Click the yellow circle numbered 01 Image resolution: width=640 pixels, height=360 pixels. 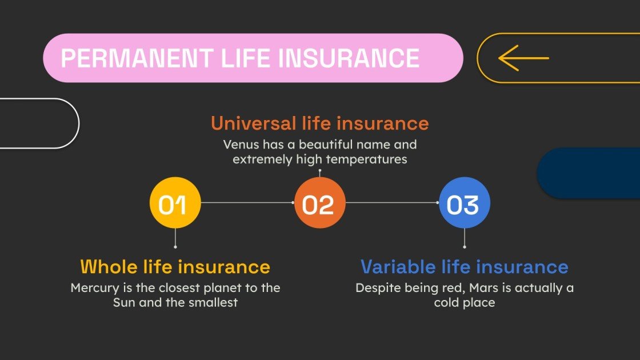(x=175, y=203)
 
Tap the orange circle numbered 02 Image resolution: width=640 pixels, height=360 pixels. (x=319, y=203)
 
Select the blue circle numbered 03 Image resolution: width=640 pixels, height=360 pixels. (x=464, y=203)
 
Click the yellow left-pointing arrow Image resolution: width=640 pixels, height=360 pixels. (x=523, y=58)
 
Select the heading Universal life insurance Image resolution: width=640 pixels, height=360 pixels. (x=319, y=123)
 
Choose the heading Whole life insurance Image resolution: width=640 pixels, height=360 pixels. (x=175, y=266)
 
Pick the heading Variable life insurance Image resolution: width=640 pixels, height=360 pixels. (x=464, y=266)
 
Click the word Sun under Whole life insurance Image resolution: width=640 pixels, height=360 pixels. (x=125, y=302)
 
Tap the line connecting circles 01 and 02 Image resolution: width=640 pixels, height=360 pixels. (x=247, y=203)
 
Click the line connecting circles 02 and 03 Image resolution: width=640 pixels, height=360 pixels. (x=392, y=203)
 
